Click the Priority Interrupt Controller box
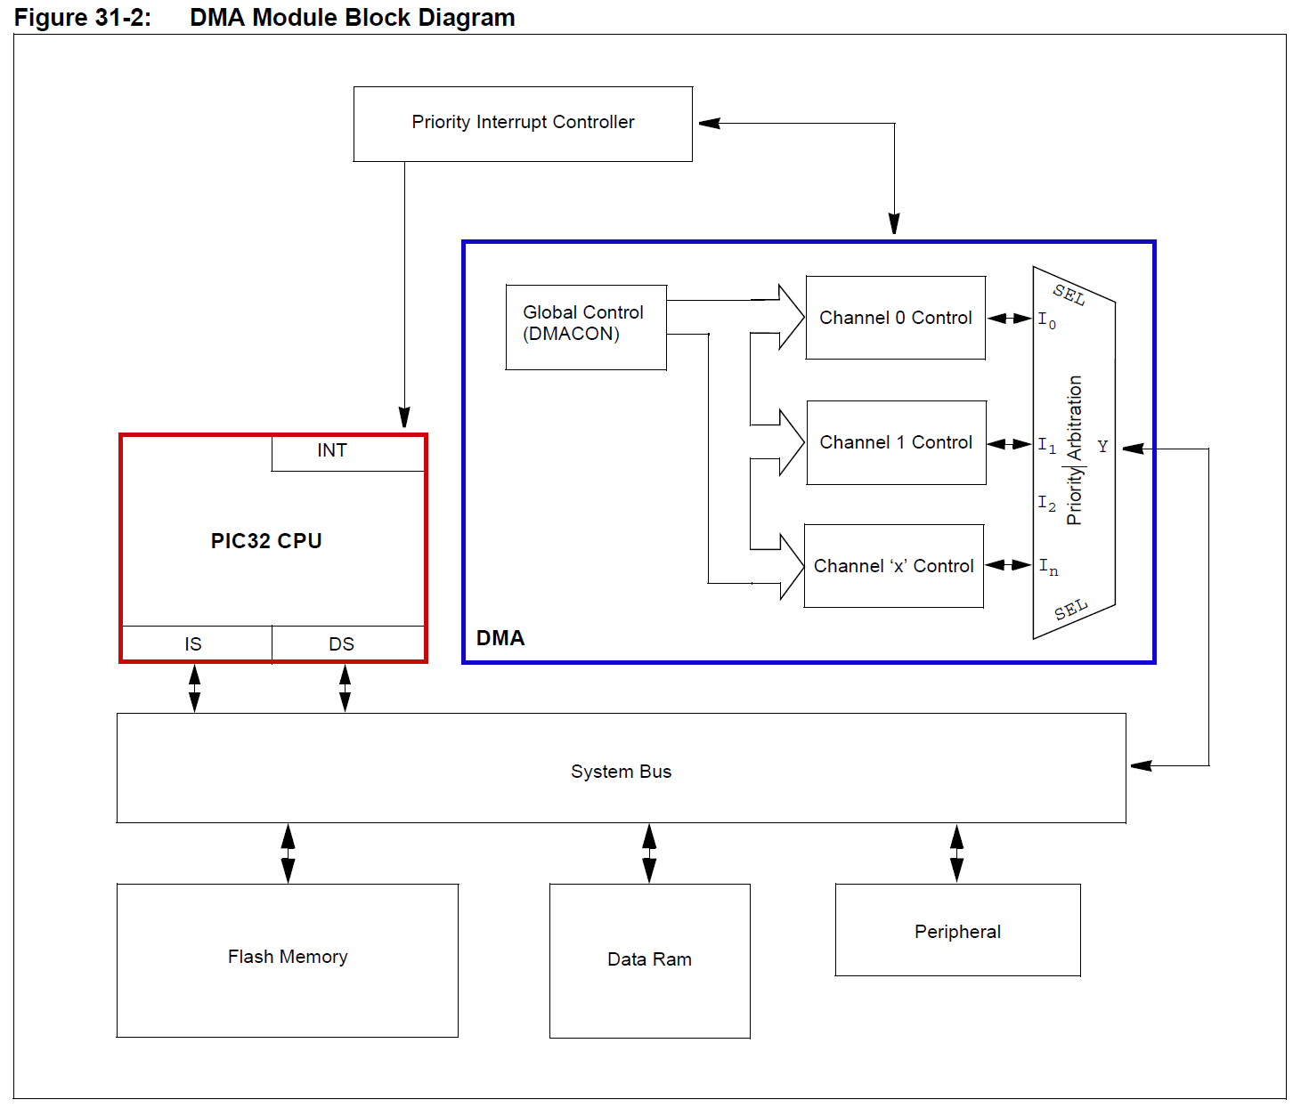[x=523, y=124]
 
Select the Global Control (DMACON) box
[x=585, y=326]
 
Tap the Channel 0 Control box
[x=895, y=318]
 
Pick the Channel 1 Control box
[x=896, y=442]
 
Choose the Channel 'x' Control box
[x=893, y=566]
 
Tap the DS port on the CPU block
[x=343, y=643]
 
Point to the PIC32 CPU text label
[x=266, y=541]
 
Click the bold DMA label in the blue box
[x=500, y=638]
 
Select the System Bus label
[x=621, y=772]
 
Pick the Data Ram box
[x=649, y=960]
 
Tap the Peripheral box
[x=957, y=930]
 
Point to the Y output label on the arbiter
[x=1102, y=447]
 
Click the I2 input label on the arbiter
[x=1046, y=504]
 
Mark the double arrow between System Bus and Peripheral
[x=956, y=853]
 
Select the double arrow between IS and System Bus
[x=194, y=688]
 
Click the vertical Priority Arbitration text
[x=1075, y=450]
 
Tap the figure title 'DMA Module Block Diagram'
[x=352, y=18]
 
